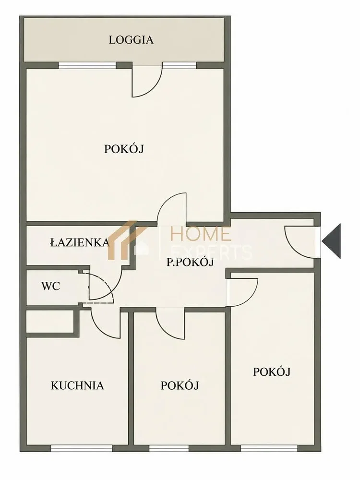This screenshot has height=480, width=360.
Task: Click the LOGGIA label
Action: pyautogui.click(x=131, y=40)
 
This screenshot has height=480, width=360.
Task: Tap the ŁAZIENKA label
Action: pyautogui.click(x=80, y=242)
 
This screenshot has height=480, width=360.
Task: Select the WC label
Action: pyautogui.click(x=50, y=286)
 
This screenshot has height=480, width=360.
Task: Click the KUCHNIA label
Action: pyautogui.click(x=77, y=385)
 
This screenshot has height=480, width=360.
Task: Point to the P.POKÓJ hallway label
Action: pyautogui.click(x=190, y=263)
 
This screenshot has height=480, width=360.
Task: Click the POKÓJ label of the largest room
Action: pyautogui.click(x=124, y=149)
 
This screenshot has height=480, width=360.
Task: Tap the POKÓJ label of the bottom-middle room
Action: pyautogui.click(x=180, y=385)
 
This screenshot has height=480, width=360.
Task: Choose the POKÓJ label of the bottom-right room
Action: pyautogui.click(x=272, y=372)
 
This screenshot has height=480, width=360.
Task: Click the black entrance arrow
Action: pyautogui.click(x=331, y=241)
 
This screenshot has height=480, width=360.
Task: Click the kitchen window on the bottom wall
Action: pyautogui.click(x=82, y=448)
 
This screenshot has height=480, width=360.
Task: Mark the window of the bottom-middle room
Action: pyautogui.click(x=168, y=448)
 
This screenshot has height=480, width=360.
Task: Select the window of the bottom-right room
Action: pyautogui.click(x=269, y=448)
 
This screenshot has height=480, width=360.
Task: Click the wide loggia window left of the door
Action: pyautogui.click(x=87, y=65)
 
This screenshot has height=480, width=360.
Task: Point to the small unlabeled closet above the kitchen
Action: pyautogui.click(x=50, y=322)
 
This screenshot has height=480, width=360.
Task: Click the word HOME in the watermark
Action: pyautogui.click(x=201, y=234)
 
